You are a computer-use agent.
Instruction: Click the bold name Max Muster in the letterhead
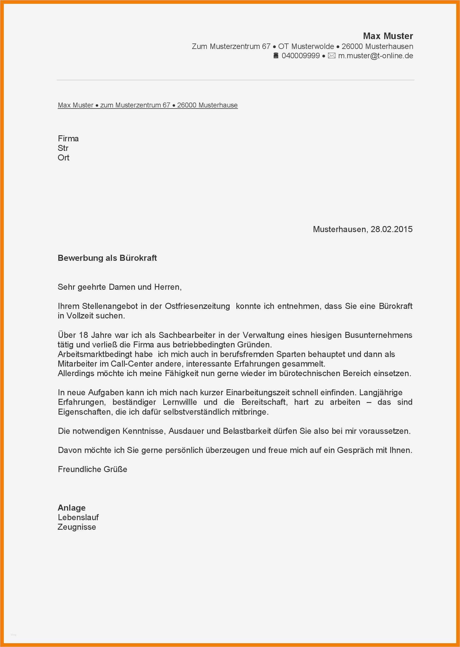pos(388,36)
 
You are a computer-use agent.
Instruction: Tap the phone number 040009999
pos(300,56)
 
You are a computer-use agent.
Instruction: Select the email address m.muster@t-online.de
pos(376,56)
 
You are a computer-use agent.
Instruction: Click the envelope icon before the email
pos(332,56)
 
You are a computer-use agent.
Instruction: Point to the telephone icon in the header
pos(276,56)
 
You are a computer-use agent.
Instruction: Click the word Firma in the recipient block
pos(68,139)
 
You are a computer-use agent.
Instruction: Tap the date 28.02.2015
pos(392,229)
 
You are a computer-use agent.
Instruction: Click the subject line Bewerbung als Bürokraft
pos(107,258)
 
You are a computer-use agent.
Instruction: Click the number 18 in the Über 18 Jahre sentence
pos(83,335)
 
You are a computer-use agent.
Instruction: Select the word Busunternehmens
pos(378,335)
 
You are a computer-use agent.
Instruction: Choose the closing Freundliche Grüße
pos(92,469)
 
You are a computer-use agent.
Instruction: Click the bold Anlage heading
pos(72,508)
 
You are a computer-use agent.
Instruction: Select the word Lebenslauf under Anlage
pos(78,517)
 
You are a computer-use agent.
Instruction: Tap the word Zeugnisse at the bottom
pos(77,527)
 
